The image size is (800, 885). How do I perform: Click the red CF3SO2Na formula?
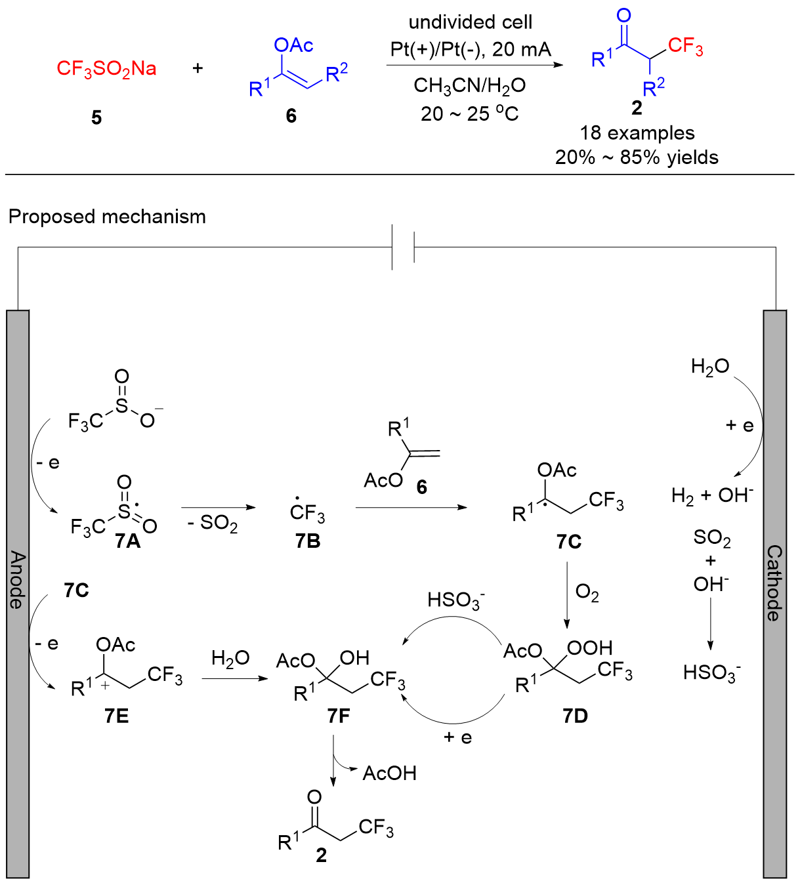pyautogui.click(x=106, y=68)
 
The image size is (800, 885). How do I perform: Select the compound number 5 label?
pyautogui.click(x=96, y=117)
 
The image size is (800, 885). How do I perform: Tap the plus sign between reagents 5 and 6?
pyautogui.click(x=198, y=68)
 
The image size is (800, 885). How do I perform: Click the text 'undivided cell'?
pyautogui.click(x=470, y=22)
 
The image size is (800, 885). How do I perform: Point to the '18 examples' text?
pyautogui.click(x=637, y=133)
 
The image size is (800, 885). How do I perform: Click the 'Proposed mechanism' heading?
pyautogui.click(x=107, y=216)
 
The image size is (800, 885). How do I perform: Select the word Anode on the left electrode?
pyautogui.click(x=18, y=580)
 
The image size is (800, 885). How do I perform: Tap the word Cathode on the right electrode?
pyautogui.click(x=774, y=583)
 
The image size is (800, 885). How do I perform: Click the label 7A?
pyautogui.click(x=127, y=541)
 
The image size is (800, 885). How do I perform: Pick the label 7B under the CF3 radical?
pyautogui.click(x=307, y=541)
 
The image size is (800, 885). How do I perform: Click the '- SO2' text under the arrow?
pyautogui.click(x=212, y=523)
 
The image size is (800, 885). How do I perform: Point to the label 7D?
pyautogui.click(x=575, y=716)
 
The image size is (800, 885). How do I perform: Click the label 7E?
pyautogui.click(x=116, y=716)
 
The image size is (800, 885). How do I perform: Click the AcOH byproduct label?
pyautogui.click(x=389, y=773)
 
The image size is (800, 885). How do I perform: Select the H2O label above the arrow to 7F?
pyautogui.click(x=230, y=659)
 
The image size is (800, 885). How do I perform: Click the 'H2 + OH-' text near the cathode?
pyautogui.click(x=712, y=495)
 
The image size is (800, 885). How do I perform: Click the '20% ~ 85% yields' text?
pyautogui.click(x=637, y=157)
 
